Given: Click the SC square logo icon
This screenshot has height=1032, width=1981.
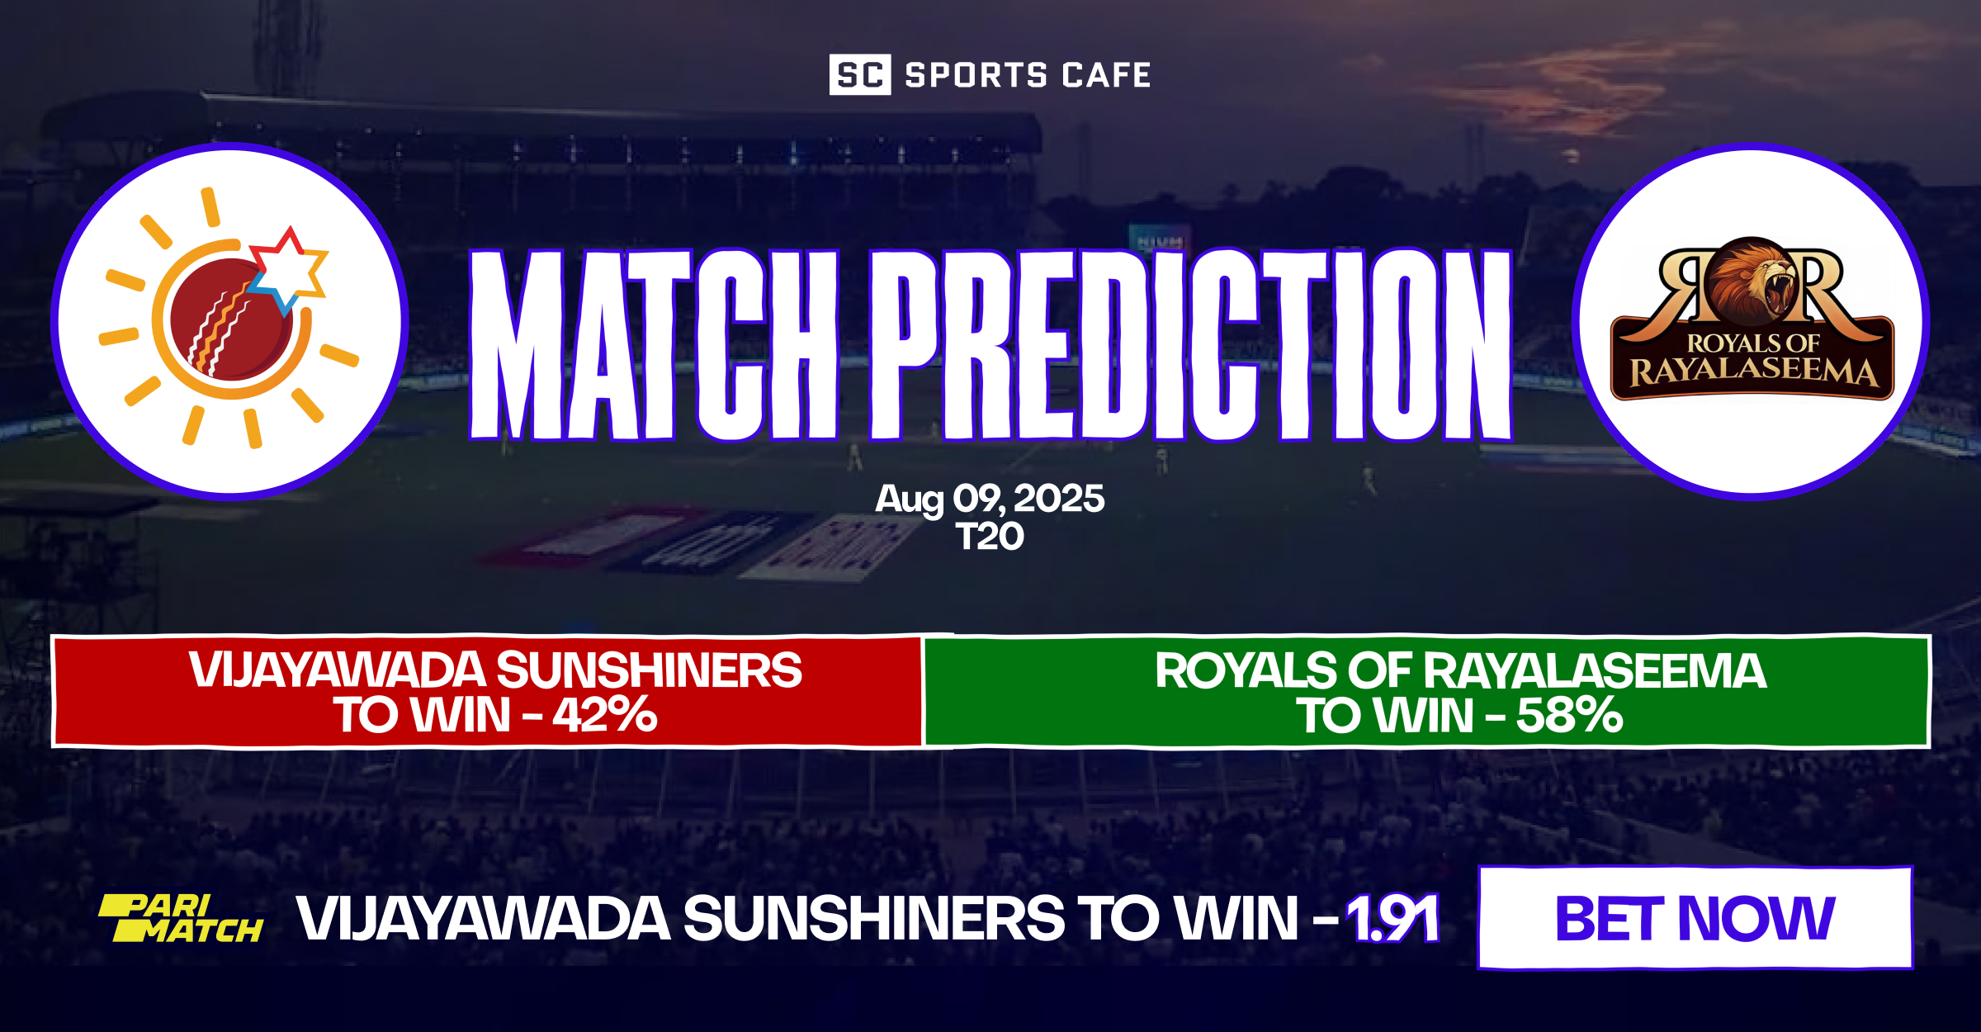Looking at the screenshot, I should pos(859,75).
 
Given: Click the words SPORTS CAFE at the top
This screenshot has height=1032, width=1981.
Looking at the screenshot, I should pos(1028,75).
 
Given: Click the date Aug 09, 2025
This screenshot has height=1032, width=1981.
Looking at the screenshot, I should pos(990,499).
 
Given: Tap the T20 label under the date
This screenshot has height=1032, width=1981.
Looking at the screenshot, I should pos(990,537).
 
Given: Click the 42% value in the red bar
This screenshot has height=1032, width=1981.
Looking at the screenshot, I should pos(605,715).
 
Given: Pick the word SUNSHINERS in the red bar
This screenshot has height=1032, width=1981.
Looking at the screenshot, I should pos(650,670).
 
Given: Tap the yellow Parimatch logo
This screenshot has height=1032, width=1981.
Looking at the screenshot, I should pos(181,918).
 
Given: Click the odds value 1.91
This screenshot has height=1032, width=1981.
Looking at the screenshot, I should pos(1392,918).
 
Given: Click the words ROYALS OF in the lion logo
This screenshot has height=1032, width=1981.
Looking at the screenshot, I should pos(1752,343).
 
